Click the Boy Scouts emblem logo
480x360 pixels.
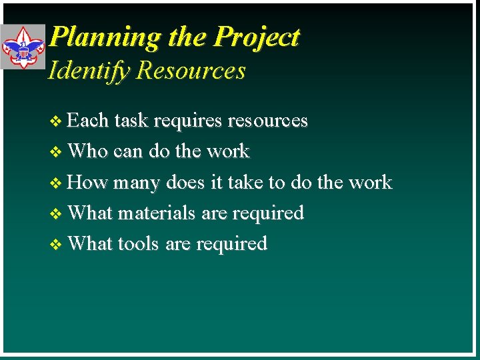pos(23,47)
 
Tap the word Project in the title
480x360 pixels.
pos(257,38)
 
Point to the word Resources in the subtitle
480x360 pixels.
pos(191,71)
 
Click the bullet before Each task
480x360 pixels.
pos(57,121)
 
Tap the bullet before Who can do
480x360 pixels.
pos(57,152)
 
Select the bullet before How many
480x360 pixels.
pos(57,183)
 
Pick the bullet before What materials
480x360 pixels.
pos(57,213)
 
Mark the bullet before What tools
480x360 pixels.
pos(57,244)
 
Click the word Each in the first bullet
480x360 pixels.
pos(88,121)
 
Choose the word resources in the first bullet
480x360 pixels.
pos(268,121)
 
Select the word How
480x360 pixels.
pos(87,182)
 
